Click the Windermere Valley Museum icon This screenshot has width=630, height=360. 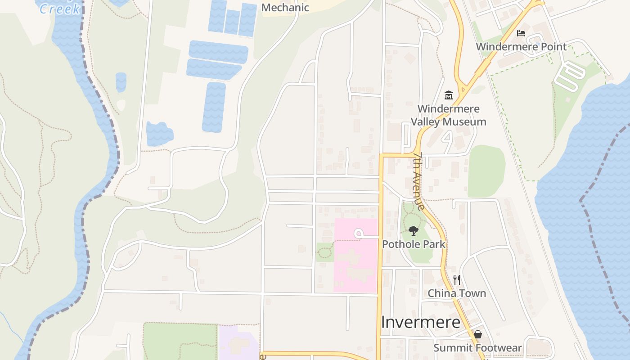pos(449,95)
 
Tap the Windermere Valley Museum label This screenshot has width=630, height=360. pos(448,115)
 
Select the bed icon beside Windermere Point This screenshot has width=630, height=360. pos(521,33)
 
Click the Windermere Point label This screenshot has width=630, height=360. pos(521,47)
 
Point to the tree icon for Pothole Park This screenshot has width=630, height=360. pos(413,231)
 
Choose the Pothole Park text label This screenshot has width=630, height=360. pos(413,244)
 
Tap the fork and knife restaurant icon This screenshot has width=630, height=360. pos(457,280)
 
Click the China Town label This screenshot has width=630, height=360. pos(456,293)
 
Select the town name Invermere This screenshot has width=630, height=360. pos(420,322)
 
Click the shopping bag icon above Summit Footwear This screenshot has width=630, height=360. pos(477,334)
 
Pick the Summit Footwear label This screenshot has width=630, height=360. pos(477,348)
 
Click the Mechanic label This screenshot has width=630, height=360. pos(285,8)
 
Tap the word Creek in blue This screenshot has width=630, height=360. pos(60,9)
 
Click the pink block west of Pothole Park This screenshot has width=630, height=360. pos(355,270)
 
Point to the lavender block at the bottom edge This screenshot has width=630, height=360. pos(238,344)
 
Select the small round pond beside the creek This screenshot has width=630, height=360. pos(121,82)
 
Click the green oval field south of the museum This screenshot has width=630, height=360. pos(486,171)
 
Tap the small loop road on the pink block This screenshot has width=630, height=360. pos(359,234)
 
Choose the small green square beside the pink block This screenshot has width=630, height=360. pos(324,252)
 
